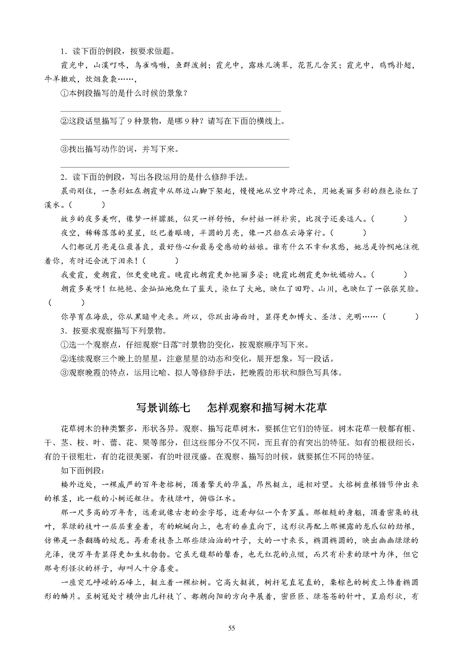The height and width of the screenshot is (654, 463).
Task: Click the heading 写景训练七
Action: coord(163,408)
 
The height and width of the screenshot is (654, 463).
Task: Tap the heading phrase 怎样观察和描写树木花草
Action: coord(267,408)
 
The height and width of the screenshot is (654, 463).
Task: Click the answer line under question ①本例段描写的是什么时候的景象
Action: coord(171,111)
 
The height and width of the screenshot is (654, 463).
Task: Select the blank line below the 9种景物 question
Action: coord(175,139)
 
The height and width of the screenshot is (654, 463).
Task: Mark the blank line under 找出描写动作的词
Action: coord(175,167)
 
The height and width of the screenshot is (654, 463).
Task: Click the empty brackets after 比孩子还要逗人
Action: coord(389,219)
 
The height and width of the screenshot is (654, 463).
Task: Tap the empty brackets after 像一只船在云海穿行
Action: coord(348,233)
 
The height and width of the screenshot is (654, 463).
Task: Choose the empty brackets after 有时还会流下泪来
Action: coord(160,261)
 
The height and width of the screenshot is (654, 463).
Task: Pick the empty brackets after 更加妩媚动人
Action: coord(389,275)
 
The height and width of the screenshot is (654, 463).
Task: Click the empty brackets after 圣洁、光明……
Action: coord(401,317)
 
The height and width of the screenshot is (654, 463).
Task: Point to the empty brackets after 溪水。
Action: coord(87,205)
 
